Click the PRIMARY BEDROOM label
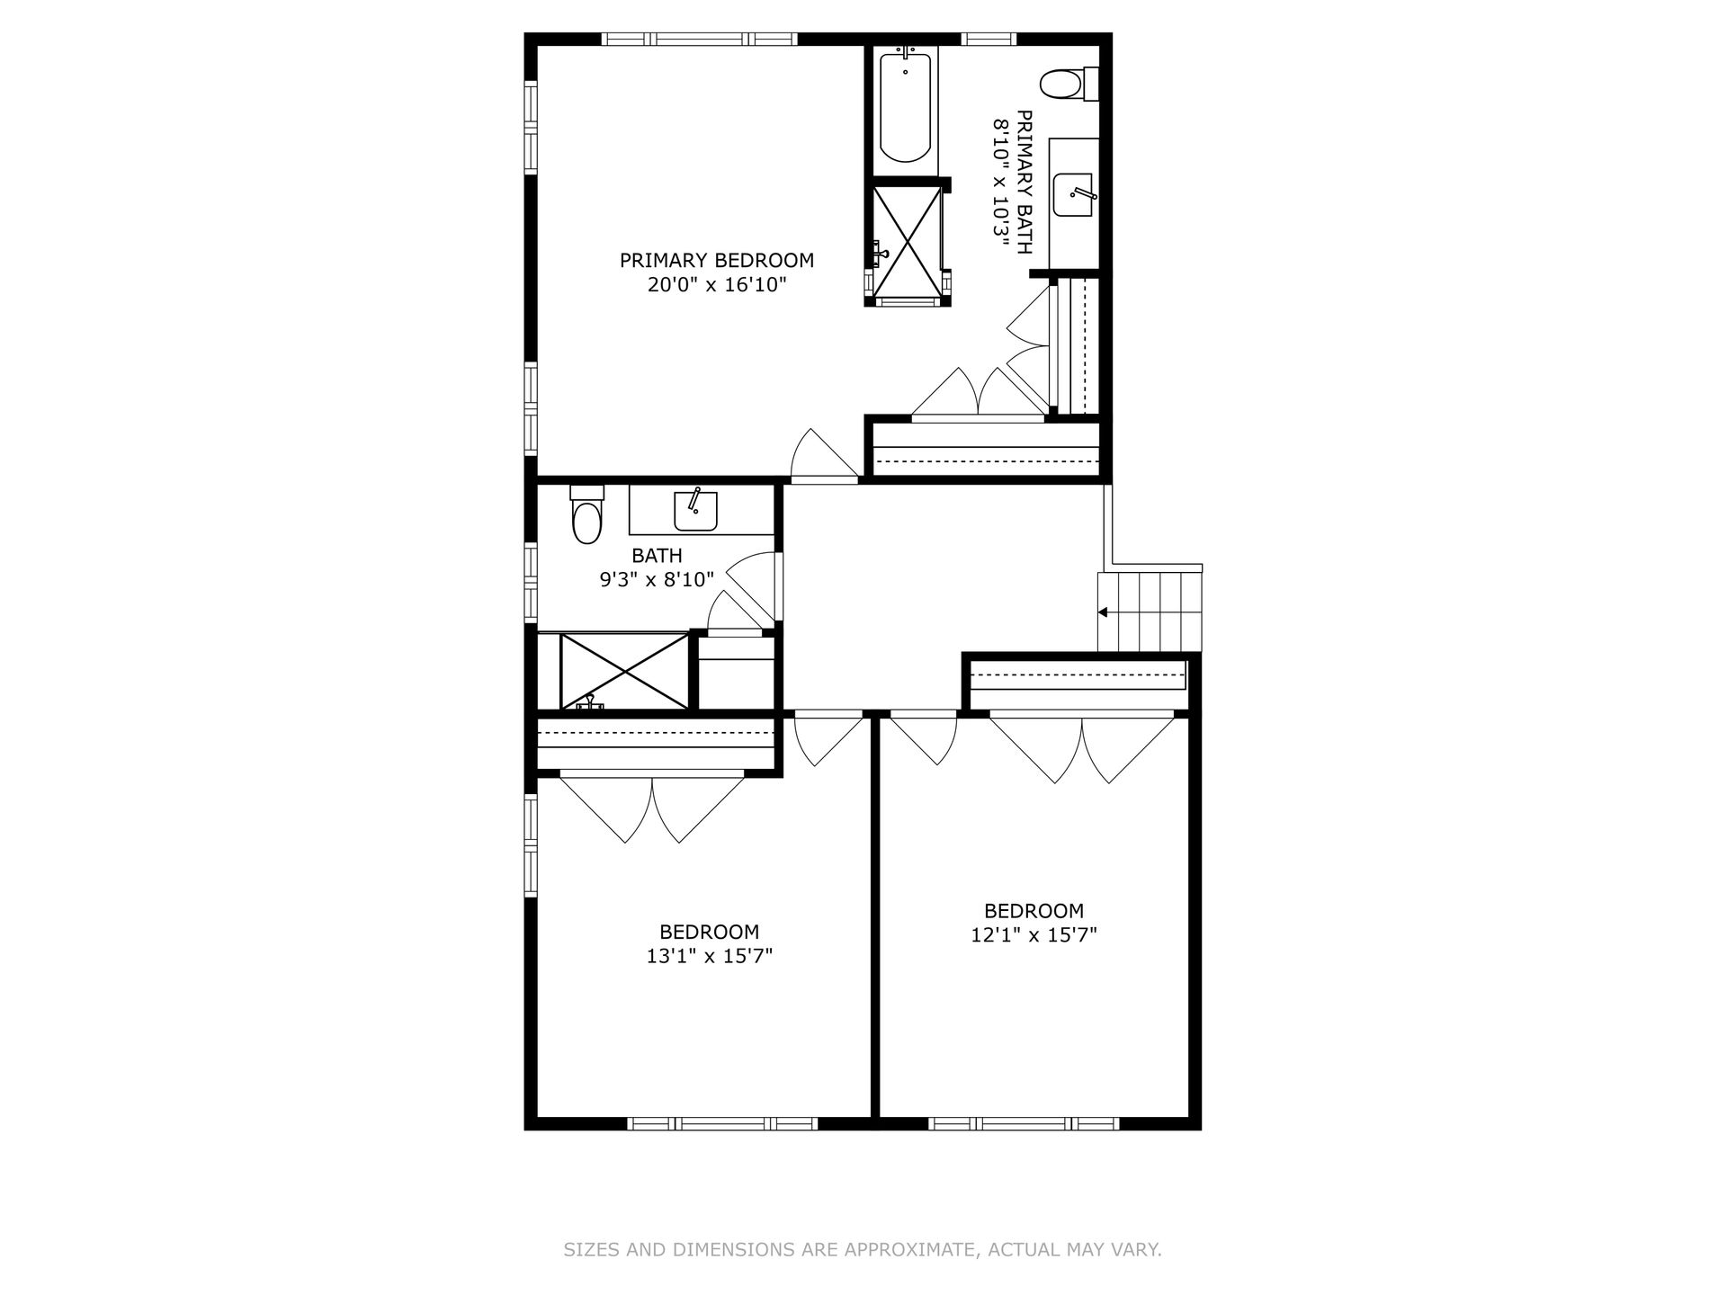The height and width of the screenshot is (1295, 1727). point(717,261)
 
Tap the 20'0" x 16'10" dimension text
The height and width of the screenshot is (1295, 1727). point(717,285)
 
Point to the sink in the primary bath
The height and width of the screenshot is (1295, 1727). point(1073,194)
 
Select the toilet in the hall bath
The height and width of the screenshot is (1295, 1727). point(586,514)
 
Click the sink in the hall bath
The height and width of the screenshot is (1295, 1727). point(695,510)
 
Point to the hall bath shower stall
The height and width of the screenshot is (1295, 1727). point(622,671)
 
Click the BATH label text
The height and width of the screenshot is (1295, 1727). point(657,556)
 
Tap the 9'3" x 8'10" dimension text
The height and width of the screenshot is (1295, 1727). point(657,580)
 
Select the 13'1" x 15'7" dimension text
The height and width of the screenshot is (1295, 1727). point(710,956)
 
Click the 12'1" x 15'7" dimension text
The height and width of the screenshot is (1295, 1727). point(1034,935)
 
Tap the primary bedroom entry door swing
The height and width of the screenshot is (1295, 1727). point(823,454)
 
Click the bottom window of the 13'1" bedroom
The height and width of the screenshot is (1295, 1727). point(722,1123)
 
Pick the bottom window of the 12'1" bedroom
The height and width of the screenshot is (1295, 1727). point(1024,1123)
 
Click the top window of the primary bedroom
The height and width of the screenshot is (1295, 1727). point(699,39)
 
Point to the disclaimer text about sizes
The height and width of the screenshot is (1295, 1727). point(863,1250)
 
